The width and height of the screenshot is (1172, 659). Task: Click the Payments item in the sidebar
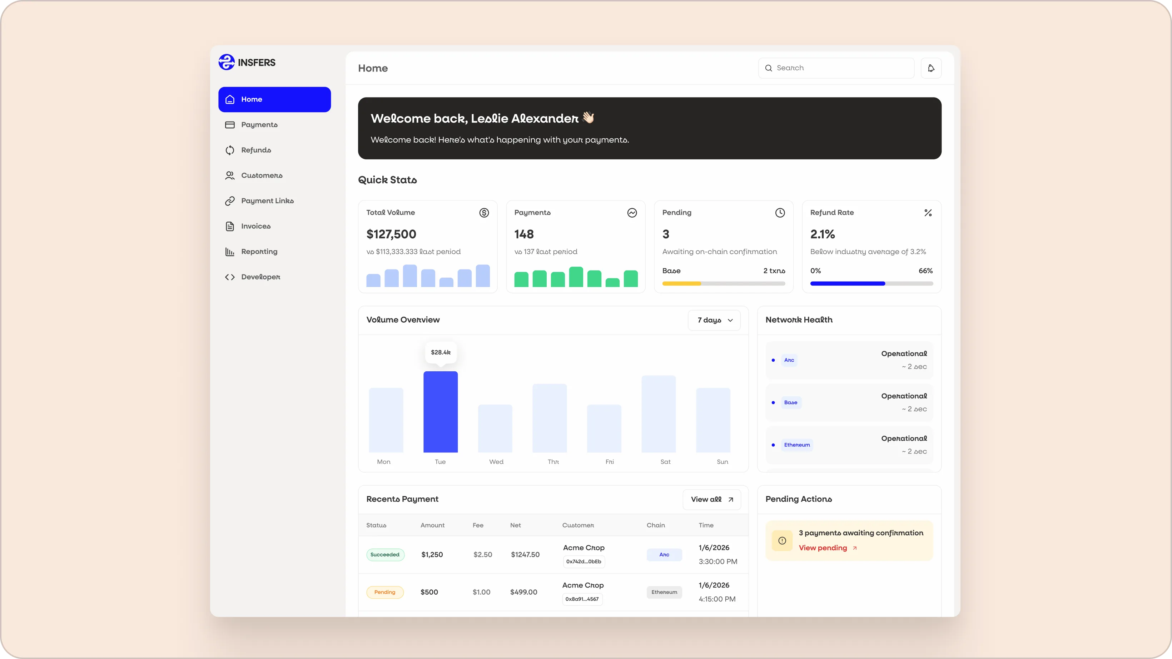259,125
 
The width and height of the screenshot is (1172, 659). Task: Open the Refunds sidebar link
256,150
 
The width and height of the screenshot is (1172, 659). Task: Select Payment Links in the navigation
267,201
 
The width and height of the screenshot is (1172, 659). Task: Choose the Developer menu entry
260,277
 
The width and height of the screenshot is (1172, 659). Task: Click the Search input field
836,68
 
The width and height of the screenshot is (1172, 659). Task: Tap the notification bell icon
931,68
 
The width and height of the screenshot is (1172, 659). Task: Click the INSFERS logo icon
227,62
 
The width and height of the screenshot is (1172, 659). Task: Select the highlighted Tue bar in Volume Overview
441,412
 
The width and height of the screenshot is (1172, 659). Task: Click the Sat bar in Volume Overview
658,414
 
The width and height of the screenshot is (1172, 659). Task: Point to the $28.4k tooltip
441,353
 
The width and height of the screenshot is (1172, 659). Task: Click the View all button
711,499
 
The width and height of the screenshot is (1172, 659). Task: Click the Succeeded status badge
385,555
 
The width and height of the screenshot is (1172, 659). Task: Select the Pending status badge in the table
385,592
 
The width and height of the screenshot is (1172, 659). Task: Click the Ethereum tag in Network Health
797,445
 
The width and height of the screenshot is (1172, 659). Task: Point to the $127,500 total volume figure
391,234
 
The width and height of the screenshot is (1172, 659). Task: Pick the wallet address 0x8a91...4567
582,599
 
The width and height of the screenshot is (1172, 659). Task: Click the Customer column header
578,525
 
